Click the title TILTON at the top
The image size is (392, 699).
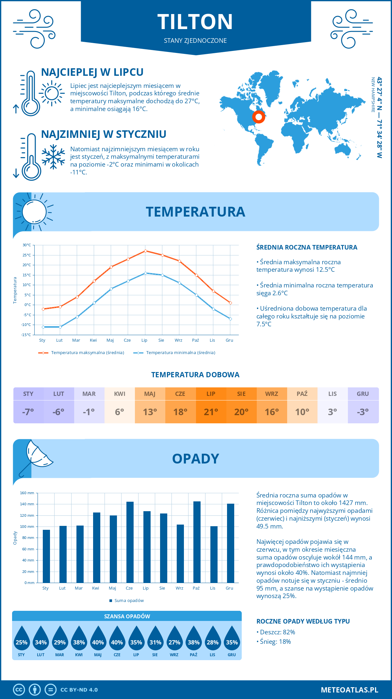pyautogui.click(x=195, y=22)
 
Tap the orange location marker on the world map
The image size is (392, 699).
pyautogui.click(x=258, y=117)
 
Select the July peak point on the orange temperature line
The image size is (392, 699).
pyautogui.click(x=145, y=251)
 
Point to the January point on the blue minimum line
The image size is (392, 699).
pyautogui.click(x=43, y=327)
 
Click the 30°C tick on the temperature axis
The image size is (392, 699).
pyautogui.click(x=27, y=245)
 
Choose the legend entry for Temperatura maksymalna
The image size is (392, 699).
pyautogui.click(x=81, y=353)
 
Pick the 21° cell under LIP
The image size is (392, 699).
pyautogui.click(x=211, y=412)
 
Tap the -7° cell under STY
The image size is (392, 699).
pyautogui.click(x=28, y=412)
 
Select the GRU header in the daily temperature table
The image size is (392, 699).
pyautogui.click(x=363, y=394)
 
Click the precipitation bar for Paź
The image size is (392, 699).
pyautogui.click(x=197, y=542)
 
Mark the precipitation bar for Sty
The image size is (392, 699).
pyautogui.click(x=46, y=556)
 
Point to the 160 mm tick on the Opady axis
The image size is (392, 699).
pyautogui.click(x=27, y=493)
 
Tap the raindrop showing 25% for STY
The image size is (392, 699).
pyautogui.click(x=22, y=639)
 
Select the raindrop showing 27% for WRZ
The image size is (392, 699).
pyautogui.click(x=174, y=639)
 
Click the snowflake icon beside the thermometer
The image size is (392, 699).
pyautogui.click(x=53, y=157)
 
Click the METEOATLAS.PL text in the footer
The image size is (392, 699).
pyautogui.click(x=349, y=690)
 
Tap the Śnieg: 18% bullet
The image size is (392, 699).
pyautogui.click(x=274, y=642)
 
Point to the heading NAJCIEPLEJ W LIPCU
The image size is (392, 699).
pyautogui.click(x=92, y=72)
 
